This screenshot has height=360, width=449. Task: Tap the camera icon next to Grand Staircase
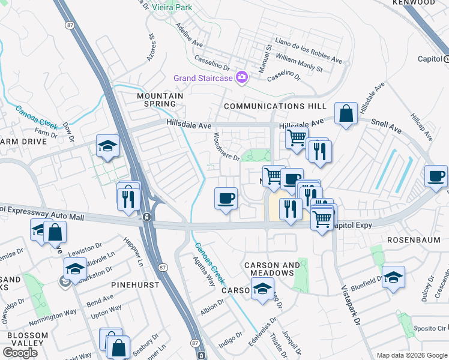[242, 77]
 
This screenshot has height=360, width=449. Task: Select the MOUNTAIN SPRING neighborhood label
[160, 100]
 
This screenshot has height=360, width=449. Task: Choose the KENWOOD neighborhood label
[413, 3]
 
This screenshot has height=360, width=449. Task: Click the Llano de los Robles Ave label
[308, 50]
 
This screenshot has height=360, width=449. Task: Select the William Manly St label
[300, 65]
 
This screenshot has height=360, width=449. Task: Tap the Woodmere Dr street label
[226, 147]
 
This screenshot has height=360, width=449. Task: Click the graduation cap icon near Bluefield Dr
[393, 277]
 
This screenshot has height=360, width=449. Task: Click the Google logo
[20, 352]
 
